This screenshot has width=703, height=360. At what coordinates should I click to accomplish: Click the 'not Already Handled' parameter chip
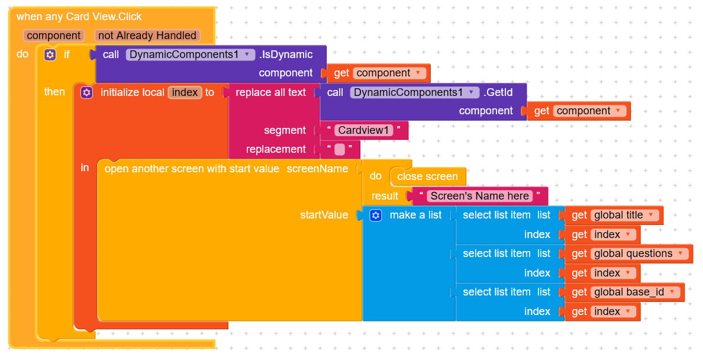pyautogui.click(x=147, y=36)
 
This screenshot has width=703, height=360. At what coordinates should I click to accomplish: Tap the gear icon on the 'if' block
pyautogui.click(x=50, y=54)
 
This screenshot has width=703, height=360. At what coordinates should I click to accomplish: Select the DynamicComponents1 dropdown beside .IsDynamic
pyautogui.click(x=191, y=54)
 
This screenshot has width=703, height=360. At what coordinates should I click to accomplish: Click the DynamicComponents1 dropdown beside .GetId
pyautogui.click(x=414, y=92)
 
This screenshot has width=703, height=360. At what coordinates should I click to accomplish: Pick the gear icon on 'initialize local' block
pyautogui.click(x=87, y=92)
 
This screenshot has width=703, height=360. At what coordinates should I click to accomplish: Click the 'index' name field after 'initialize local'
pyautogui.click(x=185, y=92)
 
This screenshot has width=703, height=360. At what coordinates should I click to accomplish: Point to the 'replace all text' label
pyautogui.click(x=270, y=92)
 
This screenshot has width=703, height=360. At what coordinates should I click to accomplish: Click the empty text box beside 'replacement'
pyautogui.click(x=340, y=149)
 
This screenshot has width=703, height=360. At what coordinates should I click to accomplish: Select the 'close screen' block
pyautogui.click(x=427, y=176)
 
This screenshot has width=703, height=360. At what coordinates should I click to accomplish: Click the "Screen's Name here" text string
pyautogui.click(x=479, y=196)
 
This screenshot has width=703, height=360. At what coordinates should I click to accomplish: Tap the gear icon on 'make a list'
pyautogui.click(x=376, y=216)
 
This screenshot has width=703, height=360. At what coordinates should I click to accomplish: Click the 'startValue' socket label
pyautogui.click(x=324, y=215)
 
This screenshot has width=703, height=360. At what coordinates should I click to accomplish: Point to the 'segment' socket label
pyautogui.click(x=285, y=130)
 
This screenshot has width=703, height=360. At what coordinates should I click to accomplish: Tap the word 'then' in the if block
pyautogui.click(x=54, y=92)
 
